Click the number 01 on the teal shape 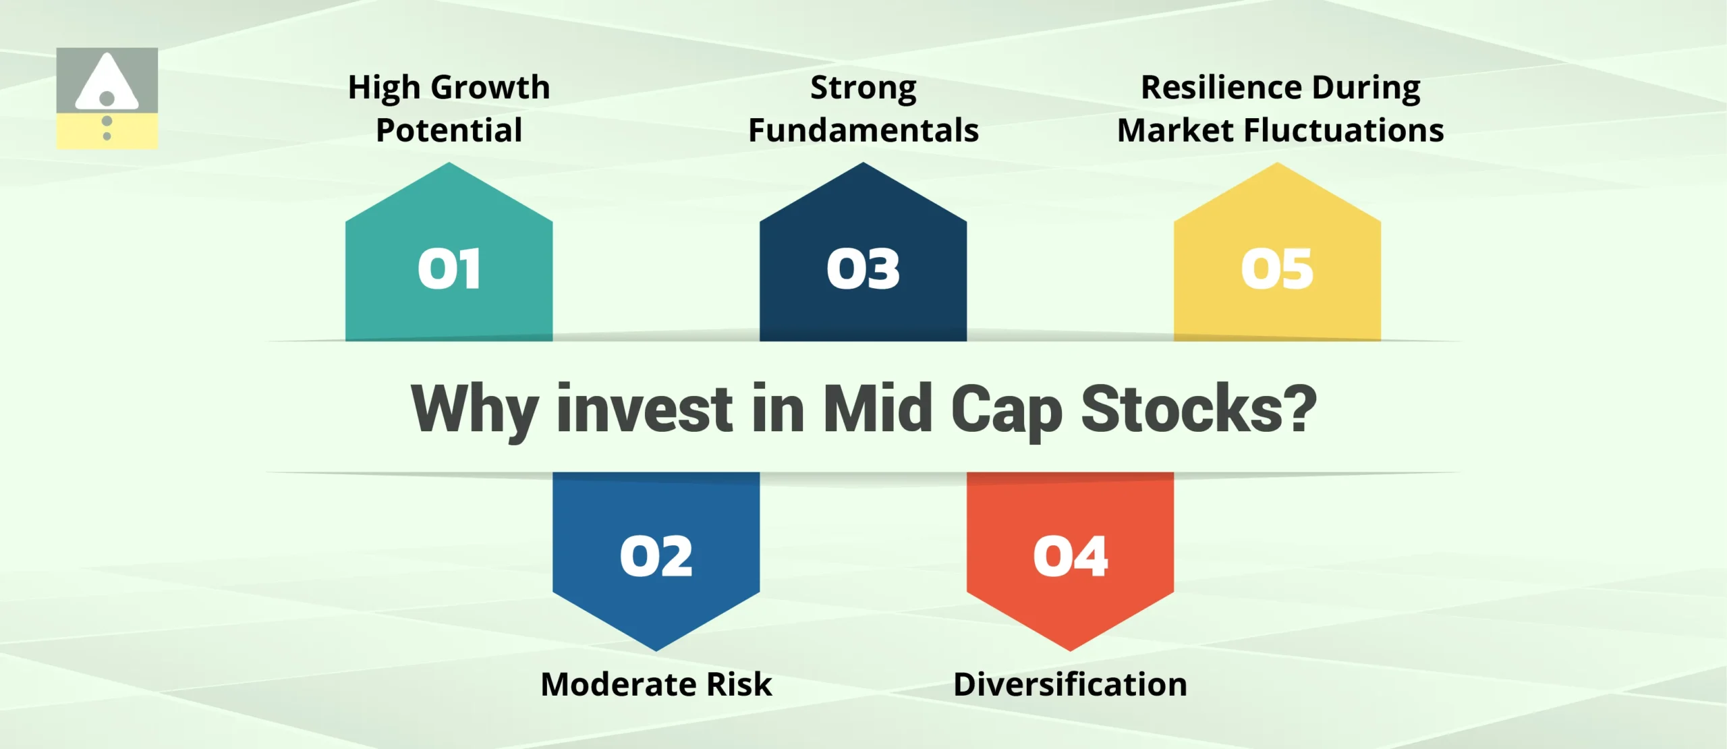coord(449,269)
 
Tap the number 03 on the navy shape coord(863,269)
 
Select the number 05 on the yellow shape coord(1277,269)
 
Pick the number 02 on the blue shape coord(656,557)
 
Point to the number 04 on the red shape coord(1070,557)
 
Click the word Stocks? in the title coord(1198,409)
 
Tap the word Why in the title coord(474,409)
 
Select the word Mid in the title coord(878,409)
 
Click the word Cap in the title coord(1007,409)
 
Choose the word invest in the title coord(644,409)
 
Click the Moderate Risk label coord(656,684)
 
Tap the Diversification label coord(1070,684)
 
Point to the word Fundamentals coord(863,130)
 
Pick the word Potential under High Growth coord(449,130)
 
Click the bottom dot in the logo coord(107,136)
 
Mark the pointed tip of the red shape coord(1070,649)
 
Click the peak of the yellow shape coord(1277,165)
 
